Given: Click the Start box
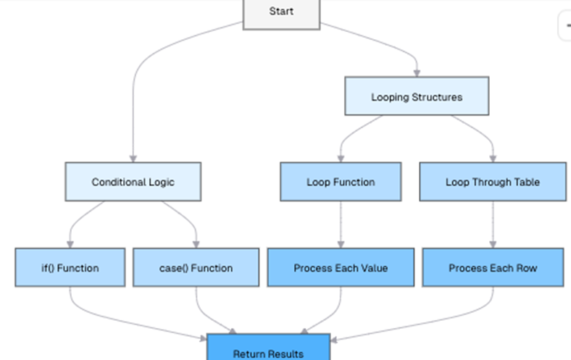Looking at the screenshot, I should (281, 12).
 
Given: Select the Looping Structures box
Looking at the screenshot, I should (416, 96).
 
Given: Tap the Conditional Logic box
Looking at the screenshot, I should (133, 182).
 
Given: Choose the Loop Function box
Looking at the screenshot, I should (341, 182).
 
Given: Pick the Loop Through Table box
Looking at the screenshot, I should (493, 182).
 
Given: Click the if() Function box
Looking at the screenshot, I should (70, 267).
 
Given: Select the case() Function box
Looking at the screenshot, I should (196, 267).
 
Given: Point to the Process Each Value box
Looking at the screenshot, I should (341, 267).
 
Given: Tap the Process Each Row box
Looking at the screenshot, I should (493, 267).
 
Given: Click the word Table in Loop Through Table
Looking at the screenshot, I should (525, 182).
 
